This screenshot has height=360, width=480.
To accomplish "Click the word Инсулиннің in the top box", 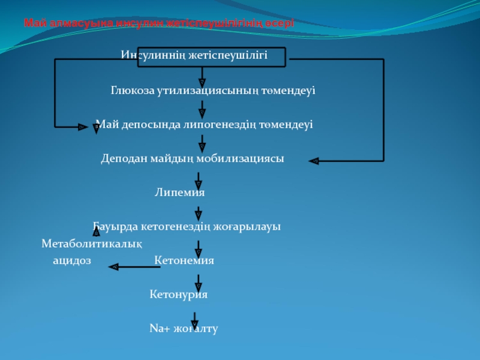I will click(151, 56).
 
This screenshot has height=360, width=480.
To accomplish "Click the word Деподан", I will click(120, 159).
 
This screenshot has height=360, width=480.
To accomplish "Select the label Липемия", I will click(179, 193).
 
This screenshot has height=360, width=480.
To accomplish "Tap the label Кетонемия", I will click(184, 261).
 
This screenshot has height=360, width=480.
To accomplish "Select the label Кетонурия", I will click(178, 295).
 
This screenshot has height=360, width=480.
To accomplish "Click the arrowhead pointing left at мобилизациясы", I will click(313, 161).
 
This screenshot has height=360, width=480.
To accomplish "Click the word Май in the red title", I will click(31, 23).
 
